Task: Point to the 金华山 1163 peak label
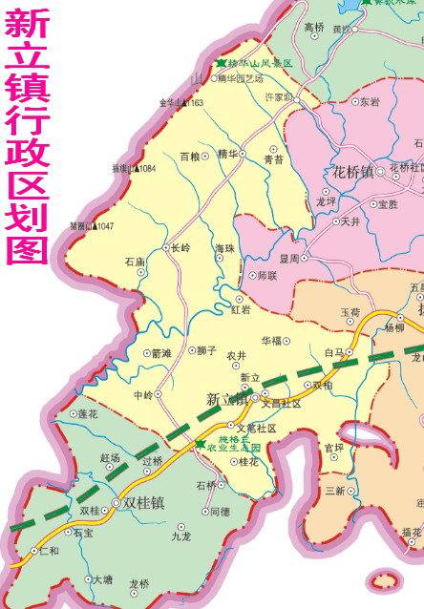coord(180,102)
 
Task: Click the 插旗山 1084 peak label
coord(133,169)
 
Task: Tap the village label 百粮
coord(190,156)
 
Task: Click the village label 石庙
coord(135,261)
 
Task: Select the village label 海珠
coord(224,248)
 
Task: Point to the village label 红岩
coord(241,309)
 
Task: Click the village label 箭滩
coord(160,353)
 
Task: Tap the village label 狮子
coord(207,350)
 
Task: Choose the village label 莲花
coord(88,414)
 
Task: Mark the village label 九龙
coord(181,536)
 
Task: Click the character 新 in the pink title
coord(28,26)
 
